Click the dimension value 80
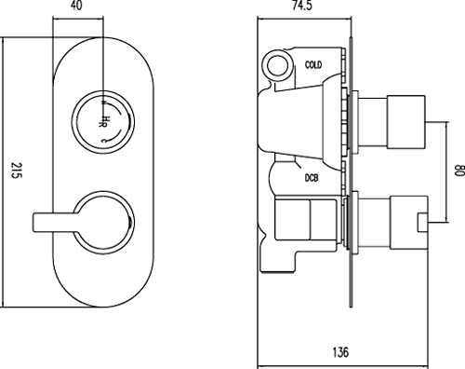[x=457, y=171]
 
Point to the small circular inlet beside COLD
[x=276, y=64]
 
